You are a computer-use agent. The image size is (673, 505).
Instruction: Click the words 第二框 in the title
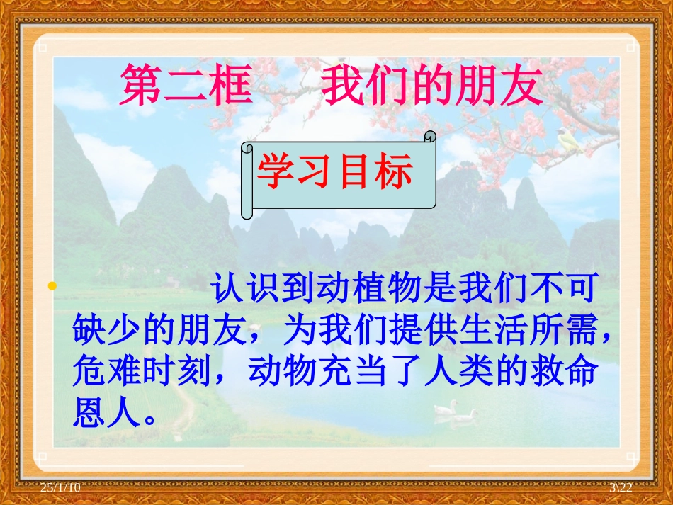click(x=186, y=86)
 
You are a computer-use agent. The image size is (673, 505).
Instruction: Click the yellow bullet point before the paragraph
click(x=51, y=286)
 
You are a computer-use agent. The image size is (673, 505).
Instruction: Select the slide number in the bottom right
click(x=621, y=488)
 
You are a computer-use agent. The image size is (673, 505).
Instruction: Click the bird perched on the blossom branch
click(x=568, y=142)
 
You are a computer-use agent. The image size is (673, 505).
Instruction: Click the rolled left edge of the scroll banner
click(x=247, y=180)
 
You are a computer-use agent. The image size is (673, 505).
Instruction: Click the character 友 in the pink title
click(x=520, y=86)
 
